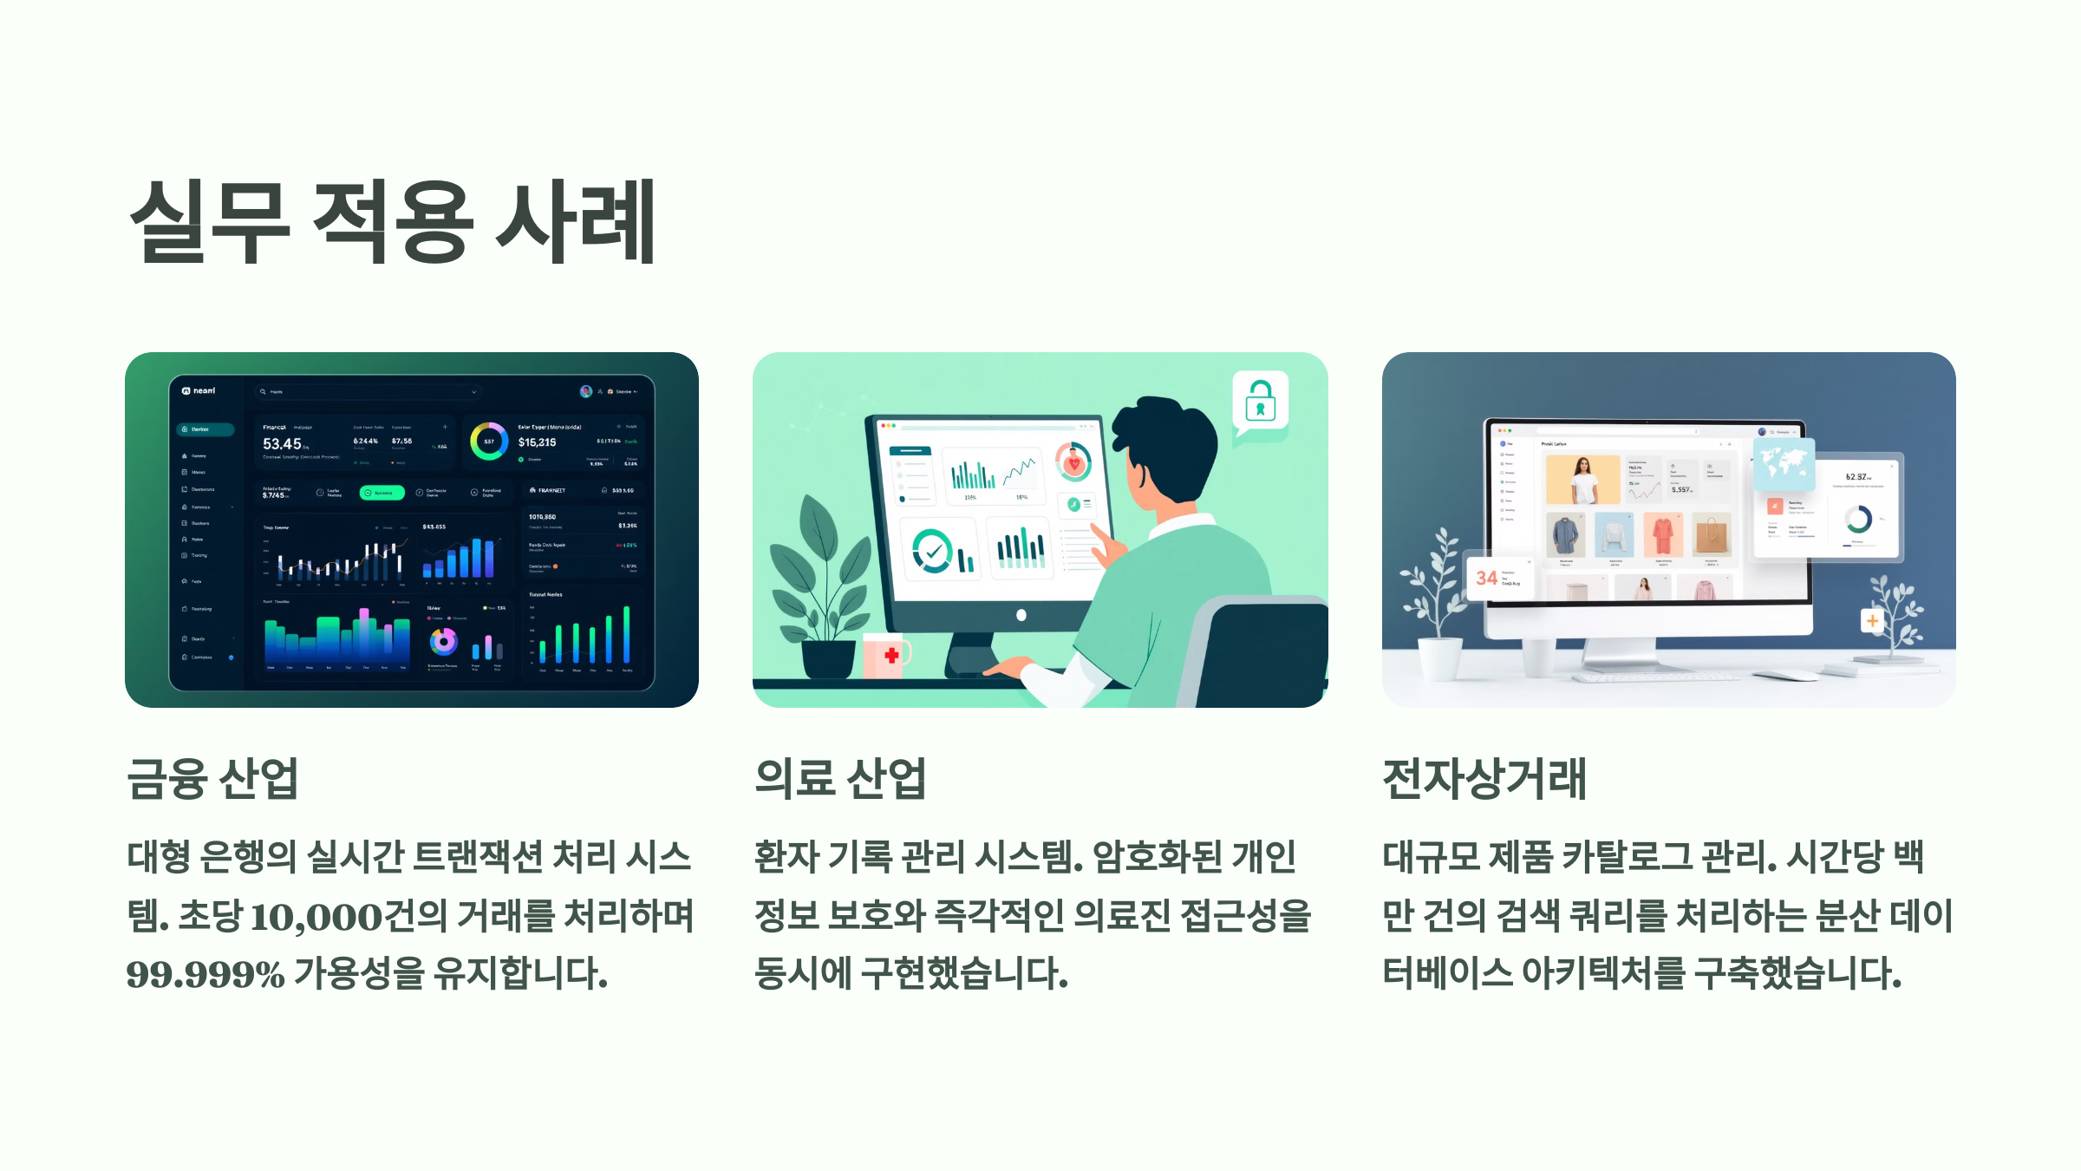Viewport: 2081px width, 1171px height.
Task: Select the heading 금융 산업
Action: point(212,778)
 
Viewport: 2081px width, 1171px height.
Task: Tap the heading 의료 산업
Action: point(840,778)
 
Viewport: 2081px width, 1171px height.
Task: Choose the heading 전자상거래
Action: point(1484,778)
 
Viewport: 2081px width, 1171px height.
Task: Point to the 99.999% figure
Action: point(205,974)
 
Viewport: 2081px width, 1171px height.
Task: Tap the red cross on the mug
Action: point(891,656)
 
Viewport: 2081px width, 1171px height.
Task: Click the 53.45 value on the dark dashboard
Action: point(283,443)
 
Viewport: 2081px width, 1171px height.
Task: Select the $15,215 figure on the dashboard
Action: point(538,442)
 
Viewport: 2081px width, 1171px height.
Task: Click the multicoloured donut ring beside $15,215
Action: point(489,442)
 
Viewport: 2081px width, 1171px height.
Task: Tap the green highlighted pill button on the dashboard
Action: point(382,493)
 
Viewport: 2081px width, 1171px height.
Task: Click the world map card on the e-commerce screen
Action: point(1784,464)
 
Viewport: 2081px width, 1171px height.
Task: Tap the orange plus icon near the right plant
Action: point(1872,621)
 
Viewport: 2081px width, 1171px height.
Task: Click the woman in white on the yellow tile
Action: point(1582,480)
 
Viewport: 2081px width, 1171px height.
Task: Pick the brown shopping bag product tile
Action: point(1712,534)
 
